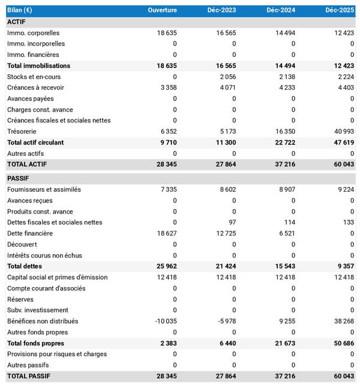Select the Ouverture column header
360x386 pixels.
pos(162,11)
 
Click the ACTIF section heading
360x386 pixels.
pos(16,22)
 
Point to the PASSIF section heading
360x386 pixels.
pos(18,179)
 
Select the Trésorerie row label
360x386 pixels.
pos(22,131)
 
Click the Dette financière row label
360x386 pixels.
pos(30,233)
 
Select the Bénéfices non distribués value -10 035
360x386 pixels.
pos(164,321)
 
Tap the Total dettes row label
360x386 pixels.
pos(25,266)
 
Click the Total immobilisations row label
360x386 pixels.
pos(38,66)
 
